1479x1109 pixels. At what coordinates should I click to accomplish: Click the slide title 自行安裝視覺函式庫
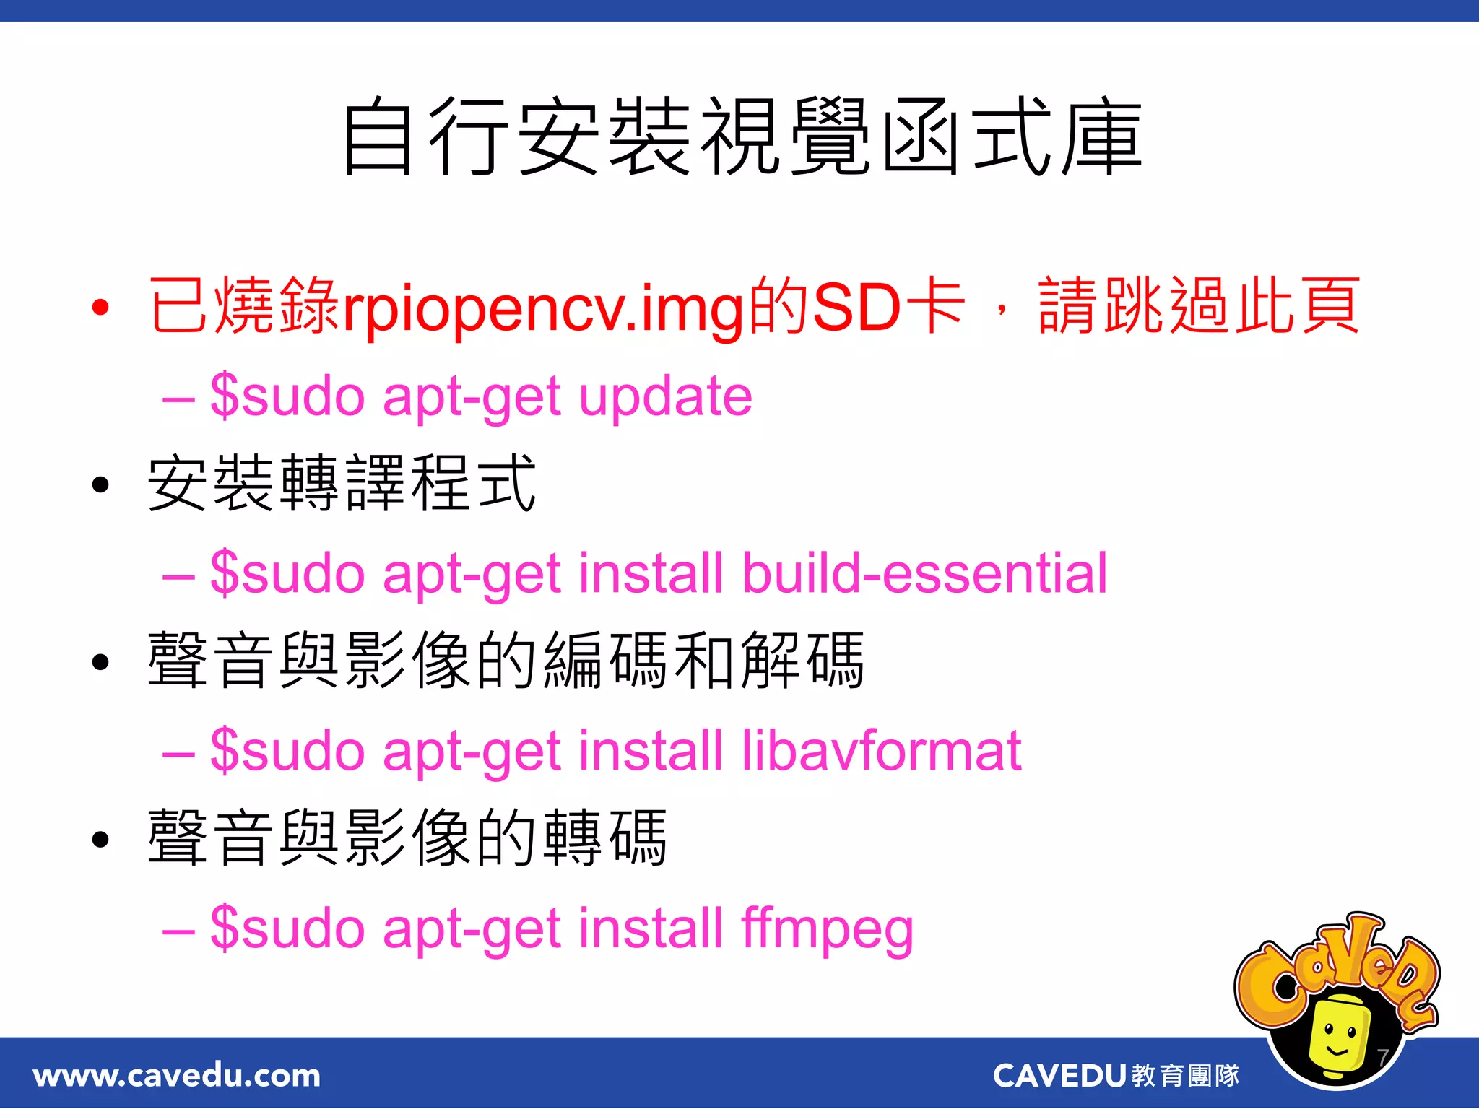pyautogui.click(x=741, y=137)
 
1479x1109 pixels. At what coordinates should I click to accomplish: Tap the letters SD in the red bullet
pyautogui.click(x=856, y=308)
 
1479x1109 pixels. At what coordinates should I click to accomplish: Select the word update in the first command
pyautogui.click(x=665, y=397)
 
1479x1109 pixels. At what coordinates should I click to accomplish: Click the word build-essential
pyautogui.click(x=924, y=573)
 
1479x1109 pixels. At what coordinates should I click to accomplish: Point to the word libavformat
pyautogui.click(x=881, y=751)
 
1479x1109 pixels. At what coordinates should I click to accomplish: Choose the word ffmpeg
pyautogui.click(x=827, y=929)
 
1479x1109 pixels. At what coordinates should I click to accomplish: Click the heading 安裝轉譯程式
pyautogui.click(x=342, y=484)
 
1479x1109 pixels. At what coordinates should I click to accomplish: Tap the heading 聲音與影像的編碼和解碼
pyautogui.click(x=506, y=661)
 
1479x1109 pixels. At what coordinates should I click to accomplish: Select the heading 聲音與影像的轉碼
pyautogui.click(x=407, y=838)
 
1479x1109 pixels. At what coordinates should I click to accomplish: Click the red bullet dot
pyautogui.click(x=100, y=308)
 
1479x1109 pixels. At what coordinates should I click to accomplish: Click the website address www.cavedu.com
pyautogui.click(x=177, y=1076)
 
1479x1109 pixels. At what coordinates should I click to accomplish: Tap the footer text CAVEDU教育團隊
pyautogui.click(x=1116, y=1076)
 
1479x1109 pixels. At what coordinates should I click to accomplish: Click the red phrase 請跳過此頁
pyautogui.click(x=1199, y=308)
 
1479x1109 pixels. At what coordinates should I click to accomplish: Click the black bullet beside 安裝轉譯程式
pyautogui.click(x=100, y=484)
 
